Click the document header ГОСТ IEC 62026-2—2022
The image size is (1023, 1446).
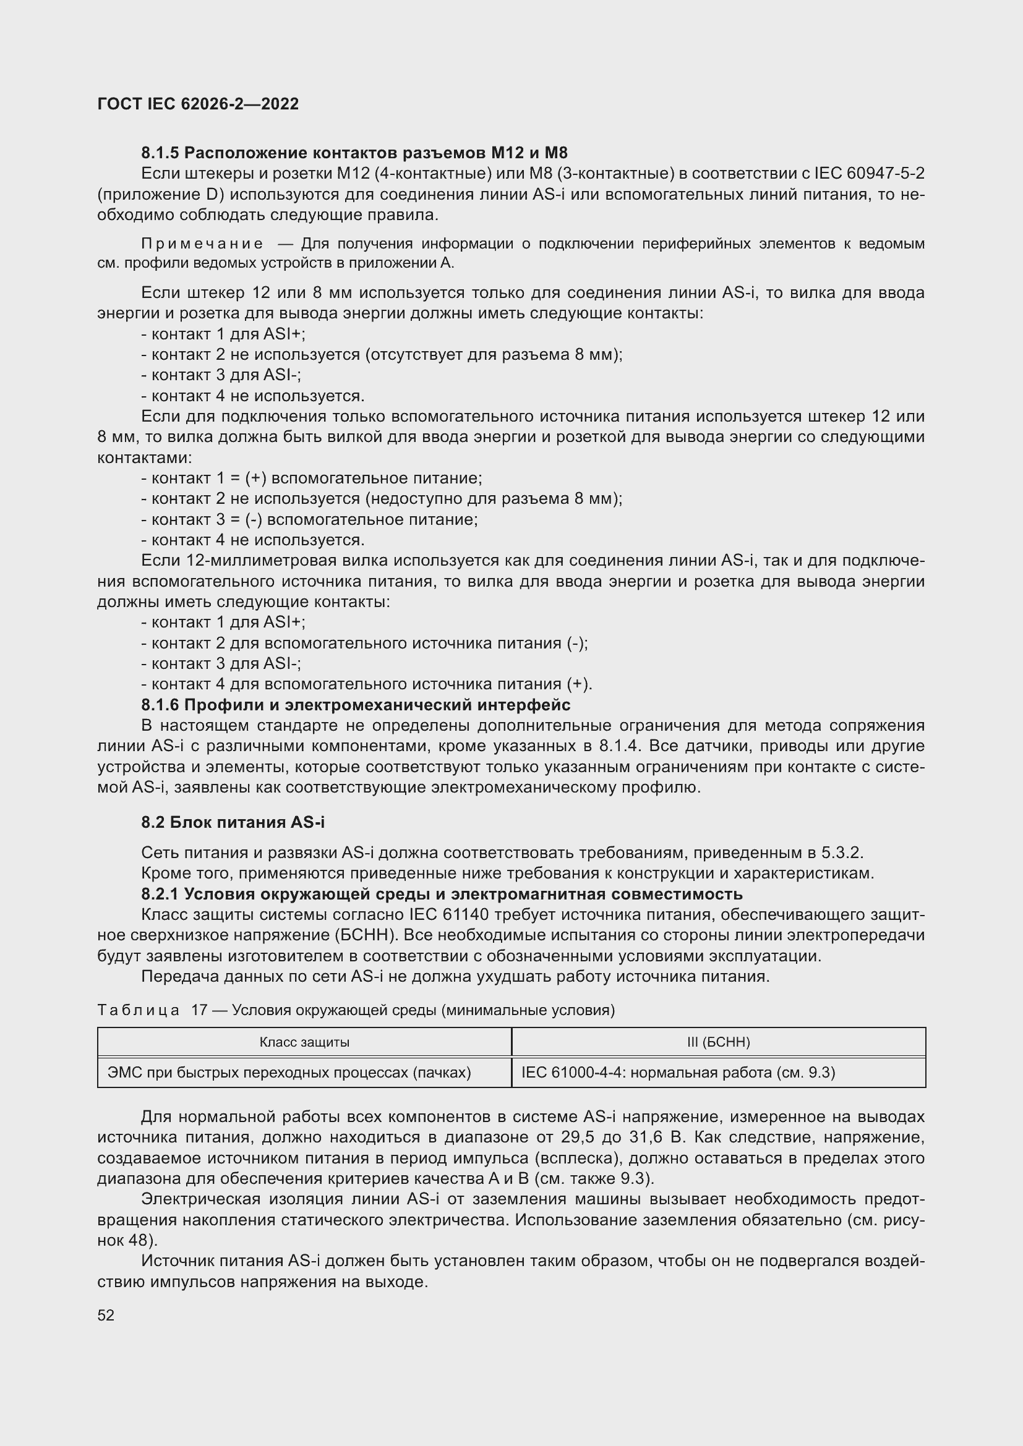point(198,104)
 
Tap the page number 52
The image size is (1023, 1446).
point(106,1315)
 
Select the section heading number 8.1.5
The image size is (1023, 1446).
point(160,153)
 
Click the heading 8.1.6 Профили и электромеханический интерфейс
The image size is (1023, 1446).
point(355,705)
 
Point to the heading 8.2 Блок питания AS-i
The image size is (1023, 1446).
point(233,822)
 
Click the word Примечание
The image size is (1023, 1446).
point(202,244)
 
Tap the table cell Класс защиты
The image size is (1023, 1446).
point(304,1042)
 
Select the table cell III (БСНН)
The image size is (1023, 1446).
point(718,1042)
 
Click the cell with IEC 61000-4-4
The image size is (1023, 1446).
point(678,1073)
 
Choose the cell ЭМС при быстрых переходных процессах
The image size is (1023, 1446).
point(289,1073)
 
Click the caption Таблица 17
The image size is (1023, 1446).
point(152,1010)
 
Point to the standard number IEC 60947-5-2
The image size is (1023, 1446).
point(869,173)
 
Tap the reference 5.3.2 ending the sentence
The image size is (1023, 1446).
point(842,853)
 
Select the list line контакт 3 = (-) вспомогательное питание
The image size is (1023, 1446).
point(309,519)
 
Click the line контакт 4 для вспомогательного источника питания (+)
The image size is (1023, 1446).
point(367,684)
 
